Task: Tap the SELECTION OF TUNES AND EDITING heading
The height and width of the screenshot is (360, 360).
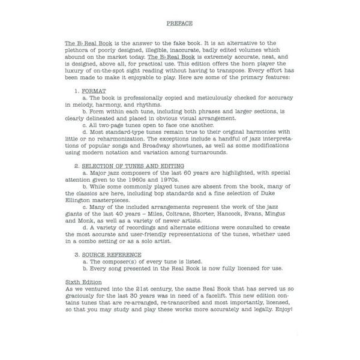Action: [x=134, y=165]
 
